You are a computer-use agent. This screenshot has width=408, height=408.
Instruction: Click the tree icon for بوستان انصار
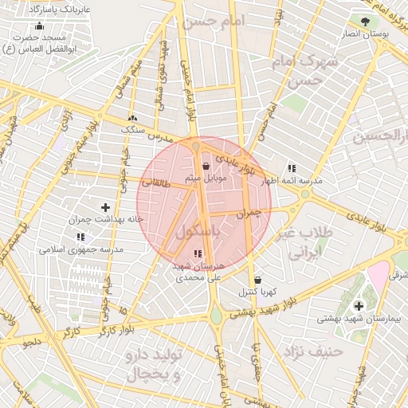tap(364, 22)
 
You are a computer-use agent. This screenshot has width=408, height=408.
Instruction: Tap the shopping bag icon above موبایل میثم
tap(207, 167)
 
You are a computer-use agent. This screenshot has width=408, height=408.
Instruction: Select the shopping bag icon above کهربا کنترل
tap(257, 280)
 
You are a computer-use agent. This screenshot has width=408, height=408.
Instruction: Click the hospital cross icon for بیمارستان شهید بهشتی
tap(359, 306)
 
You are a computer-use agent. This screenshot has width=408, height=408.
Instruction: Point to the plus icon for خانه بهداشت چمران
tap(105, 206)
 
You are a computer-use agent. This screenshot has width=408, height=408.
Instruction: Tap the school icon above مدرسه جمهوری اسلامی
tap(80, 237)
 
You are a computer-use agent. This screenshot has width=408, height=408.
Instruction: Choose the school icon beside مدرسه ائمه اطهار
tap(292, 168)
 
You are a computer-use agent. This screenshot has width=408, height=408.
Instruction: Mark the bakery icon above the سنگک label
tap(132, 118)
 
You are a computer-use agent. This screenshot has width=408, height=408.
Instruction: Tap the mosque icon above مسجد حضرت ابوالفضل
tap(40, 25)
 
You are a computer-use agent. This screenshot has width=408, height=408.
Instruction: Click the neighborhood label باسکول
tap(196, 232)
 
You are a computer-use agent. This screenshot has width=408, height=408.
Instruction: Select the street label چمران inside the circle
tap(249, 214)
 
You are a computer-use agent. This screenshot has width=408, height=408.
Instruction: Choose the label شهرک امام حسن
tap(311, 70)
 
